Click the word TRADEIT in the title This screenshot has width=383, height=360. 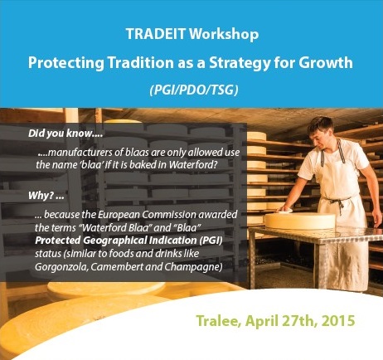click(x=156, y=34)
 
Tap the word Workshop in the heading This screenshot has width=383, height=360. click(x=224, y=34)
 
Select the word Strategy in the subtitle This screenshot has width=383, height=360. click(x=240, y=63)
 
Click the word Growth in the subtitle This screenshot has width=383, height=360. click(x=326, y=62)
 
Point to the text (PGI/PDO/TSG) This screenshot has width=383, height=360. click(x=194, y=90)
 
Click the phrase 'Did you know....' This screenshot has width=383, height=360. click(x=65, y=134)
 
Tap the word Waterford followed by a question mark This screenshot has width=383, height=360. click(x=191, y=164)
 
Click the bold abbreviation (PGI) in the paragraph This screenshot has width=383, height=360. click(x=211, y=240)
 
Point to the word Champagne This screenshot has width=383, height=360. click(x=193, y=267)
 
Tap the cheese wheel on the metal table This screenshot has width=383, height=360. click(x=300, y=220)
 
